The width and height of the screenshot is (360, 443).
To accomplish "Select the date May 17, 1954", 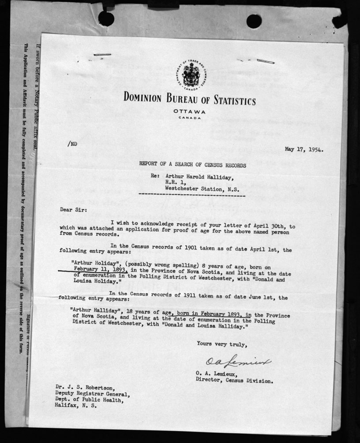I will point(304,149).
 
